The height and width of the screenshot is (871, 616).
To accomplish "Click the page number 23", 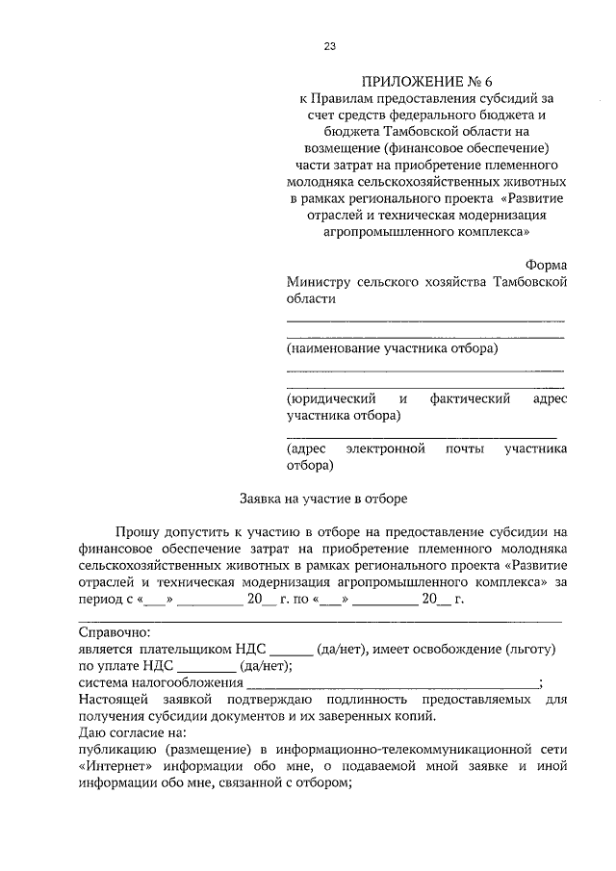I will tap(330, 46).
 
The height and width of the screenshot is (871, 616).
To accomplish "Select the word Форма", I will tap(546, 264).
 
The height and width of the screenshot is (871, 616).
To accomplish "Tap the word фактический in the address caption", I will tap(469, 398).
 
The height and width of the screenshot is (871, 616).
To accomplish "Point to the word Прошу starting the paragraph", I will tap(138, 531).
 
